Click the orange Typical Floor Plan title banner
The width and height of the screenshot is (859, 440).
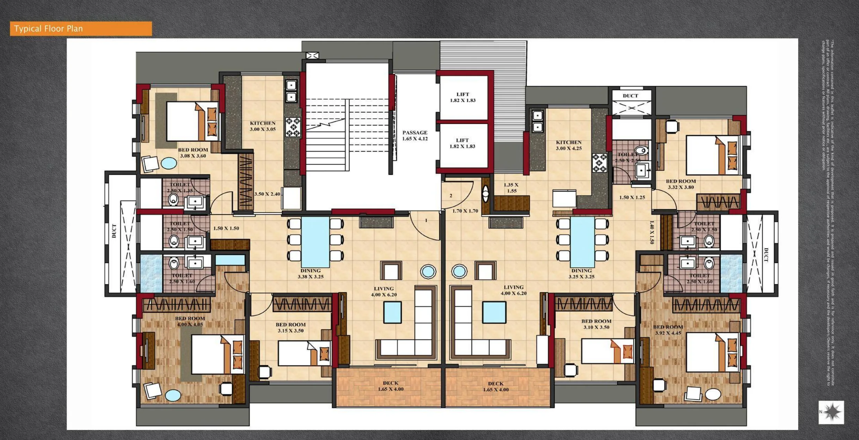click(x=80, y=28)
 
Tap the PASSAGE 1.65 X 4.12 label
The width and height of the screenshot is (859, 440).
click(x=415, y=135)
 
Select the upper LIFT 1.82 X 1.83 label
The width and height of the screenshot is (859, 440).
click(x=462, y=97)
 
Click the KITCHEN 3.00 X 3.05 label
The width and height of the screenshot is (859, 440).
click(x=262, y=126)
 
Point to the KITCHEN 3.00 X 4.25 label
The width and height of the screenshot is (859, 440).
click(x=569, y=145)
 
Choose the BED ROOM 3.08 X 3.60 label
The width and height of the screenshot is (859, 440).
click(x=193, y=153)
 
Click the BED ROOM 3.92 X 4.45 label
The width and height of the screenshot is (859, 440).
click(x=668, y=330)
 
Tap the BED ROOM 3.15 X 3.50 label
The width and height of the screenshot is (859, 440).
click(x=290, y=327)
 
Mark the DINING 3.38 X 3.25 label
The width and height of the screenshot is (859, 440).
click(x=310, y=273)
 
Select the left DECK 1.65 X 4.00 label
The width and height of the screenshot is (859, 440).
click(x=390, y=386)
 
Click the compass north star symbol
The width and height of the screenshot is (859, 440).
click(x=832, y=412)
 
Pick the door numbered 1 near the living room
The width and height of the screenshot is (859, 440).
click(x=426, y=221)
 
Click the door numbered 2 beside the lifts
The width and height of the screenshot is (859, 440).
click(x=451, y=196)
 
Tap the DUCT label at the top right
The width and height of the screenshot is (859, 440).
click(x=630, y=96)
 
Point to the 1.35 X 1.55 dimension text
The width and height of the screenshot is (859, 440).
click(x=511, y=188)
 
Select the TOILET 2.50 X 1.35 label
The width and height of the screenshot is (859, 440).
click(x=180, y=187)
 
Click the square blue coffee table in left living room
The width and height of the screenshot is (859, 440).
click(x=392, y=312)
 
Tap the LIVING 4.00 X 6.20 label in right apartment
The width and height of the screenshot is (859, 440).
click(x=513, y=290)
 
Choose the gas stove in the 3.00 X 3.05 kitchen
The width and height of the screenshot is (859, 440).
click(x=293, y=127)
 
